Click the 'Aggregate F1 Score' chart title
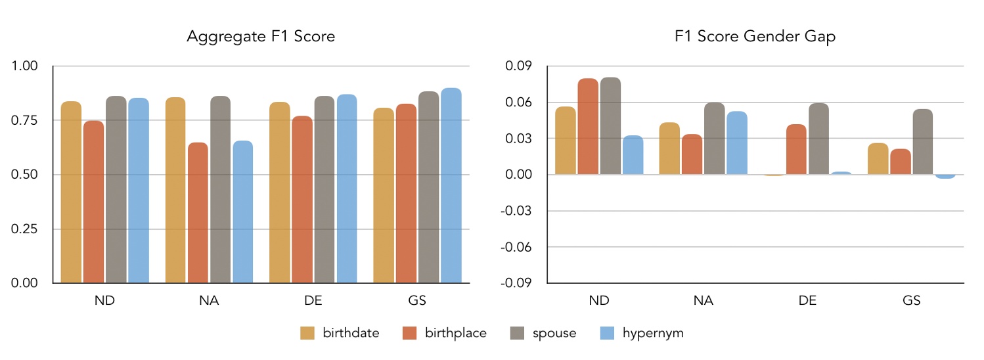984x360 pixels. [x=261, y=37]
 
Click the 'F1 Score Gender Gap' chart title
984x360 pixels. [x=755, y=37]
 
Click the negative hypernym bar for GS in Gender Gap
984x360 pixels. [x=945, y=177]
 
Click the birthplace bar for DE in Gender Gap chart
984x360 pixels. [x=797, y=149]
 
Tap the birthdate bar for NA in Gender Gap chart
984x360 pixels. [x=670, y=148]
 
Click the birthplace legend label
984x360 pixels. [x=455, y=333]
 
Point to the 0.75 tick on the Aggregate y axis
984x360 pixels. [x=25, y=120]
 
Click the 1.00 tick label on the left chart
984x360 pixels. [x=25, y=66]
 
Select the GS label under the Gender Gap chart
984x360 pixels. [x=911, y=301]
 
